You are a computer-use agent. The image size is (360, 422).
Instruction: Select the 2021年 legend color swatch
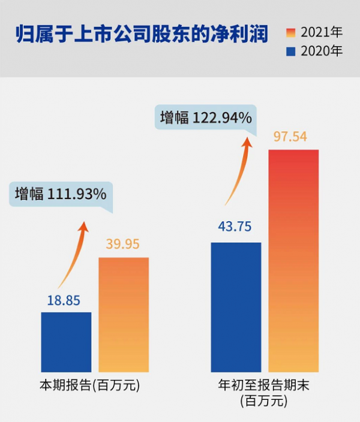(x=292, y=32)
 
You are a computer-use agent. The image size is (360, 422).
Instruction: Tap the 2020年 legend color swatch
(x=292, y=52)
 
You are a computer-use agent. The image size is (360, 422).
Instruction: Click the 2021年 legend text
(x=322, y=32)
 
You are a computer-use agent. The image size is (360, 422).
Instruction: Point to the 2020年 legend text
(x=322, y=52)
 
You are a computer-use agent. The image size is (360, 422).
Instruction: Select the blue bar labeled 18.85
(x=66, y=342)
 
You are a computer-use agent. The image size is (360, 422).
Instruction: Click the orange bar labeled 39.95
(x=123, y=315)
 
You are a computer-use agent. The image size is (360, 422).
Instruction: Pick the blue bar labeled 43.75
(x=236, y=307)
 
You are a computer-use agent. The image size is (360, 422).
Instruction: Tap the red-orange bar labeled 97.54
(x=293, y=261)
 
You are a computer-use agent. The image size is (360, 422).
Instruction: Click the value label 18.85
(x=64, y=300)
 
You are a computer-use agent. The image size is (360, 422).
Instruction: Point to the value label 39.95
(x=122, y=245)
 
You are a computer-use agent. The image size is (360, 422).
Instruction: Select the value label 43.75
(x=234, y=228)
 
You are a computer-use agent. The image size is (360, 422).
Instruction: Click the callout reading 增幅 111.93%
(x=61, y=194)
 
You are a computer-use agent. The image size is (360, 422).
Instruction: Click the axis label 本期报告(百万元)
(x=90, y=385)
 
